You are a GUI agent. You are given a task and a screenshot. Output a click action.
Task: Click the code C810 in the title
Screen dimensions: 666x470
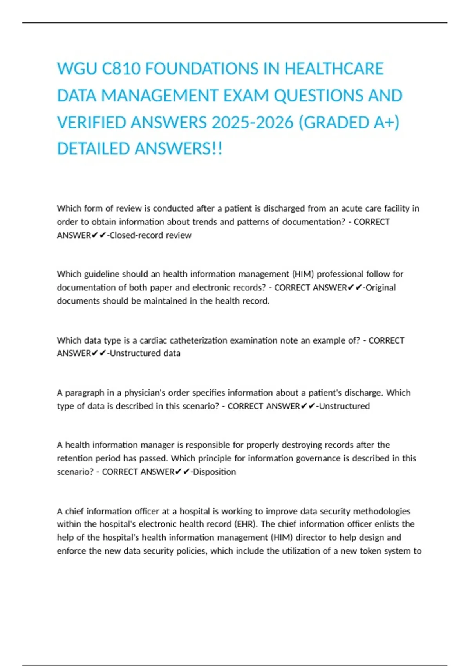[x=121, y=69]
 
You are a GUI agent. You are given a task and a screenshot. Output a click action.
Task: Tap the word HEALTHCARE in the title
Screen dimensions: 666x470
[x=334, y=69]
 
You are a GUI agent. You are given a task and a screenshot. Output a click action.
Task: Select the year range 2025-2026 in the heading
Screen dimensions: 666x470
[x=252, y=123]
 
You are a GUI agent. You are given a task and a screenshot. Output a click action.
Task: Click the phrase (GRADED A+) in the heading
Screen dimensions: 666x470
[x=349, y=123]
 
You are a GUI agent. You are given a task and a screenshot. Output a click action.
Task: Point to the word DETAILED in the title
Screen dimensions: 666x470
[x=94, y=149]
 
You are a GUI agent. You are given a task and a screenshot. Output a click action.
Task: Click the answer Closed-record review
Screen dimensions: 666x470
[x=151, y=235]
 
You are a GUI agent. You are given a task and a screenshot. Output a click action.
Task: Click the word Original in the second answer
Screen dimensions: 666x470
[x=381, y=288]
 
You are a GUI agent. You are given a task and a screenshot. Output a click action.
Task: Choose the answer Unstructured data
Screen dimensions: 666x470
[x=145, y=353]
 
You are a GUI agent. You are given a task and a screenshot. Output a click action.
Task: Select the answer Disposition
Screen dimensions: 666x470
[x=215, y=472]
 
